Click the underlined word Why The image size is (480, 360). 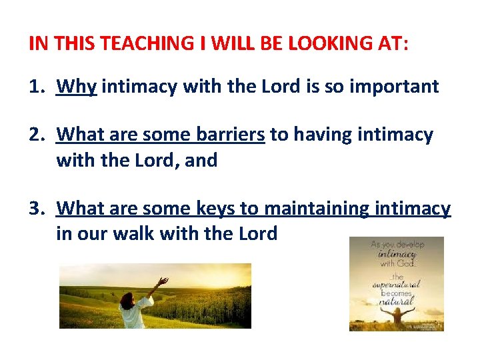tap(77, 87)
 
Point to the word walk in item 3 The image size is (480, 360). tap(147, 233)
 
